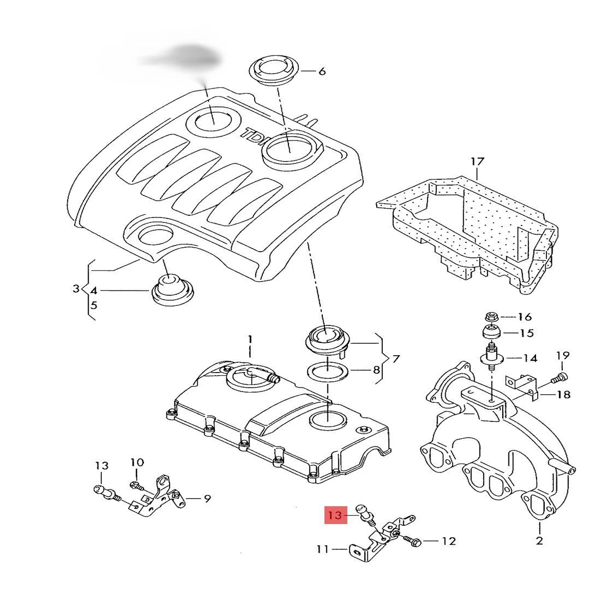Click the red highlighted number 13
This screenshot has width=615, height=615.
click(334, 515)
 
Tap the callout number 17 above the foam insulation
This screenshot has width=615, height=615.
click(477, 162)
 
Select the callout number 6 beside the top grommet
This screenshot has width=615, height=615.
click(322, 71)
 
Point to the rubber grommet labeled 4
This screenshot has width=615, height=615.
click(173, 291)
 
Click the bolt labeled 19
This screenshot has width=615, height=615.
click(560, 379)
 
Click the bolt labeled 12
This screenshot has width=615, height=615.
click(412, 540)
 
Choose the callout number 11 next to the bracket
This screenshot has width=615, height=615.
click(322, 549)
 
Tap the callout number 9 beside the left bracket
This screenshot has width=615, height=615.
click(207, 498)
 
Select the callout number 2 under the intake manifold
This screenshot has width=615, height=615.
click(539, 540)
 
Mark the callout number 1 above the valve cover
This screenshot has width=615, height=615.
click(250, 339)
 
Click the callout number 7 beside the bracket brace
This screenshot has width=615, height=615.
click(396, 359)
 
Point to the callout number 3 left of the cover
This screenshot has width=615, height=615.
click(76, 289)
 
